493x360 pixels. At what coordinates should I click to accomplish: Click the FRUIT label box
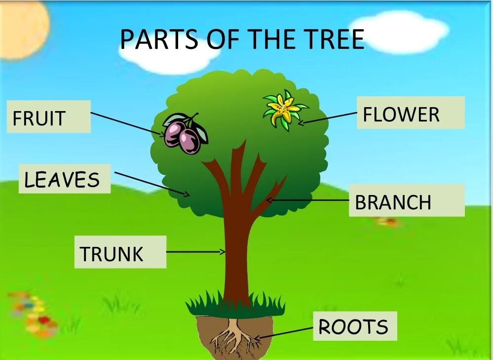(x=48, y=117)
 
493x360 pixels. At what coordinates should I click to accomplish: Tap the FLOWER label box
(x=410, y=113)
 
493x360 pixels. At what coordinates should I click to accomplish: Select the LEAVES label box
(x=64, y=179)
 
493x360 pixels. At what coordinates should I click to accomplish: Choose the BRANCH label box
(x=406, y=200)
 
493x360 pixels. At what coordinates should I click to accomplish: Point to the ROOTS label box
(x=354, y=326)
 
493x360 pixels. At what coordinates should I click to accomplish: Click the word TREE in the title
(x=330, y=40)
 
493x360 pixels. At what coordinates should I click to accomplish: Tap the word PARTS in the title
(x=158, y=40)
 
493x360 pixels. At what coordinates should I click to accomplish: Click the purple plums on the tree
(x=184, y=134)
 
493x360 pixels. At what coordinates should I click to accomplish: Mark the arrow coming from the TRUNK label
(x=195, y=252)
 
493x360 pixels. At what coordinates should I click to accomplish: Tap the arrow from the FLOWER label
(x=328, y=118)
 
